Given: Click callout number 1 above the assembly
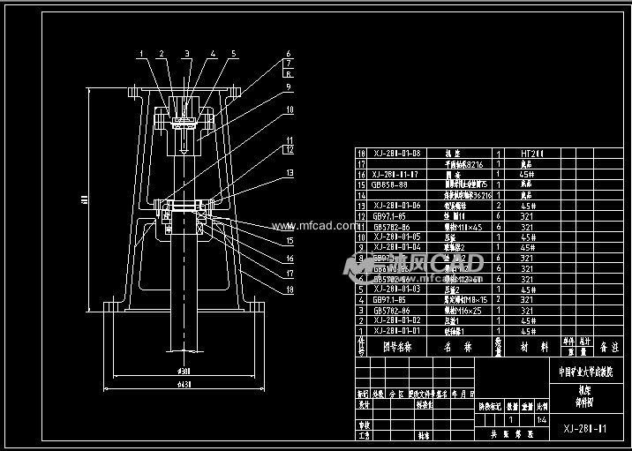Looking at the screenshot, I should (x=139, y=54).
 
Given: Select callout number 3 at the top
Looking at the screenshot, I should (x=186, y=54).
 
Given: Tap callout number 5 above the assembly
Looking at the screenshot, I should (x=234, y=54).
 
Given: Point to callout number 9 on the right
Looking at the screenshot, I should (x=288, y=87).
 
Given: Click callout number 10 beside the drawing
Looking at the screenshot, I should (x=288, y=110).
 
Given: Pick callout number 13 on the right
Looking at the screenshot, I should (x=288, y=173).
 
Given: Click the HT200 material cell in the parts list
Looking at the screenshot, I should (x=527, y=154).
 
